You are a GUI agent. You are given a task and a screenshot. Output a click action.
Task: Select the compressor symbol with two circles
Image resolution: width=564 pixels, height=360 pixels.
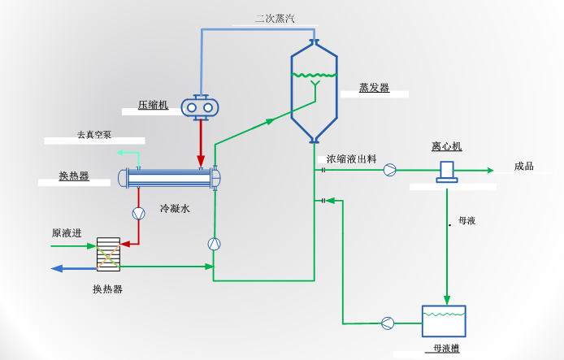(x=200, y=106)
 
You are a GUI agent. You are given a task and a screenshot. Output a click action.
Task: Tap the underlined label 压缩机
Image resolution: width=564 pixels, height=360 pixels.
(x=153, y=105)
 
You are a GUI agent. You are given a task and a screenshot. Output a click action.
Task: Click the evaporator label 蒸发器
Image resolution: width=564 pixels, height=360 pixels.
(x=374, y=88)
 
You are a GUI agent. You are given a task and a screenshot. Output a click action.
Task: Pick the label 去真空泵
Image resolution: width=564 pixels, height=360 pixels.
(x=93, y=134)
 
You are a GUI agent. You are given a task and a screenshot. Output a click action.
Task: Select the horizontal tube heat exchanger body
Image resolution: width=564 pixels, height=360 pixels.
(x=170, y=178)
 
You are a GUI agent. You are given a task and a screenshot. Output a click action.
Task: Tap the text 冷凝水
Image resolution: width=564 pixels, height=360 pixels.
(x=175, y=209)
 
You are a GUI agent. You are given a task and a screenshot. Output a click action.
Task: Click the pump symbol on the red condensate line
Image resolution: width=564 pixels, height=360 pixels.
(x=138, y=212)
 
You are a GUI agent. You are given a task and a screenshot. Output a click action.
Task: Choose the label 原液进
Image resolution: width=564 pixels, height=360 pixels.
(x=67, y=233)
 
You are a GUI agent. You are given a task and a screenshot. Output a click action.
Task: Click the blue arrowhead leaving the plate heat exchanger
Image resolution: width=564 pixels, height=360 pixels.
(x=57, y=268)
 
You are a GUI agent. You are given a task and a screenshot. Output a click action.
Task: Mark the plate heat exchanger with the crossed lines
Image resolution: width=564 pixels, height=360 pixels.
(x=107, y=254)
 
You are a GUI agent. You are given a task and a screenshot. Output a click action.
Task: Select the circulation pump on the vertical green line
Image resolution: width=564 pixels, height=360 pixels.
(x=214, y=244)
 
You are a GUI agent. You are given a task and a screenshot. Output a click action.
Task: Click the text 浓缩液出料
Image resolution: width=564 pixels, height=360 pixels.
(x=352, y=159)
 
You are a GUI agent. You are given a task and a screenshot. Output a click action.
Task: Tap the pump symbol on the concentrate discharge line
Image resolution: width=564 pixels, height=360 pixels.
(x=391, y=170)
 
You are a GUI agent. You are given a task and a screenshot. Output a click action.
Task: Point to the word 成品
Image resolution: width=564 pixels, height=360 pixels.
(x=524, y=167)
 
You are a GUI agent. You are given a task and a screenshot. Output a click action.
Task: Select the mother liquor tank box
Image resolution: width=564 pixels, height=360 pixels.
(x=444, y=321)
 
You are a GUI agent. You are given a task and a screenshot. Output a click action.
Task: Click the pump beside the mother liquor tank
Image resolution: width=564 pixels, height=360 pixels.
(x=388, y=323)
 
